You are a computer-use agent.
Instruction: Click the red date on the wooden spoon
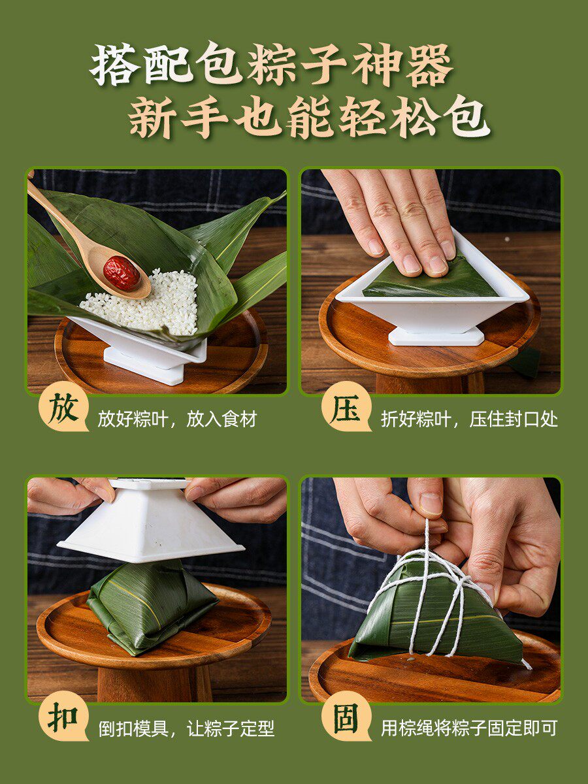[122, 273]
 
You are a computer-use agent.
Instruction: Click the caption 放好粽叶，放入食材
[177, 419]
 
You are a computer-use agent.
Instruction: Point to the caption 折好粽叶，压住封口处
[469, 419]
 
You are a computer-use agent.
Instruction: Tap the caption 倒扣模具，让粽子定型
[186, 728]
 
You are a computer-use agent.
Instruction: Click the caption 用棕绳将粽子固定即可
[469, 728]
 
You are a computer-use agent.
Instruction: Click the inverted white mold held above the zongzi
[150, 523]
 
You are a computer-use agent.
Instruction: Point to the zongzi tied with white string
[434, 608]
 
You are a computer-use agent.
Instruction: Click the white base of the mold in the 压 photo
[436, 336]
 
